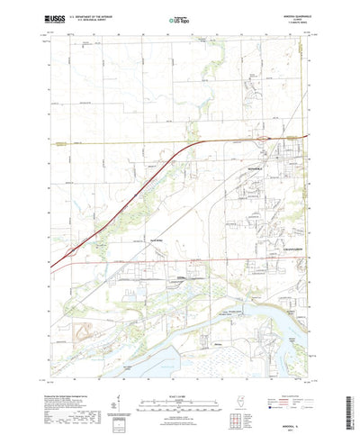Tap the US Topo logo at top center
click(179, 19)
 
